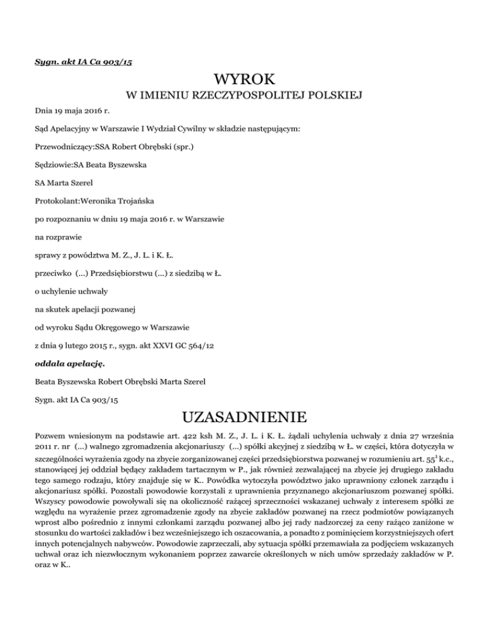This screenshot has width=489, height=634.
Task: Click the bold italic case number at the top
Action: [83, 61]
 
